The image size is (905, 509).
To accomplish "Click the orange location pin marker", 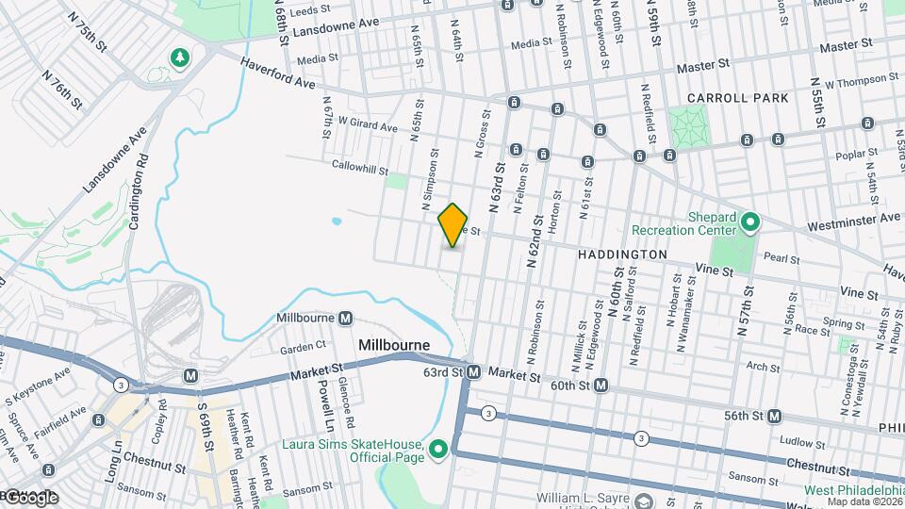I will tap(453, 224).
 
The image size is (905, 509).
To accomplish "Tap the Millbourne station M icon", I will tap(346, 319).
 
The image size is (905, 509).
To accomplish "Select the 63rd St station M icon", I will tap(474, 372).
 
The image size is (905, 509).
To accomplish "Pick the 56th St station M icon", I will tap(775, 416).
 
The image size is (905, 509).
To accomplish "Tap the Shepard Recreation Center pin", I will tap(750, 222).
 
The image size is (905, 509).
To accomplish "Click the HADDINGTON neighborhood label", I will tap(622, 254).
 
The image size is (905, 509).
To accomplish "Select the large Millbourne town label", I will tap(394, 346).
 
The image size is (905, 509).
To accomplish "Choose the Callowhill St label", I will tap(360, 166).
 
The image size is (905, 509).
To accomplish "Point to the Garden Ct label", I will tap(303, 346).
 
